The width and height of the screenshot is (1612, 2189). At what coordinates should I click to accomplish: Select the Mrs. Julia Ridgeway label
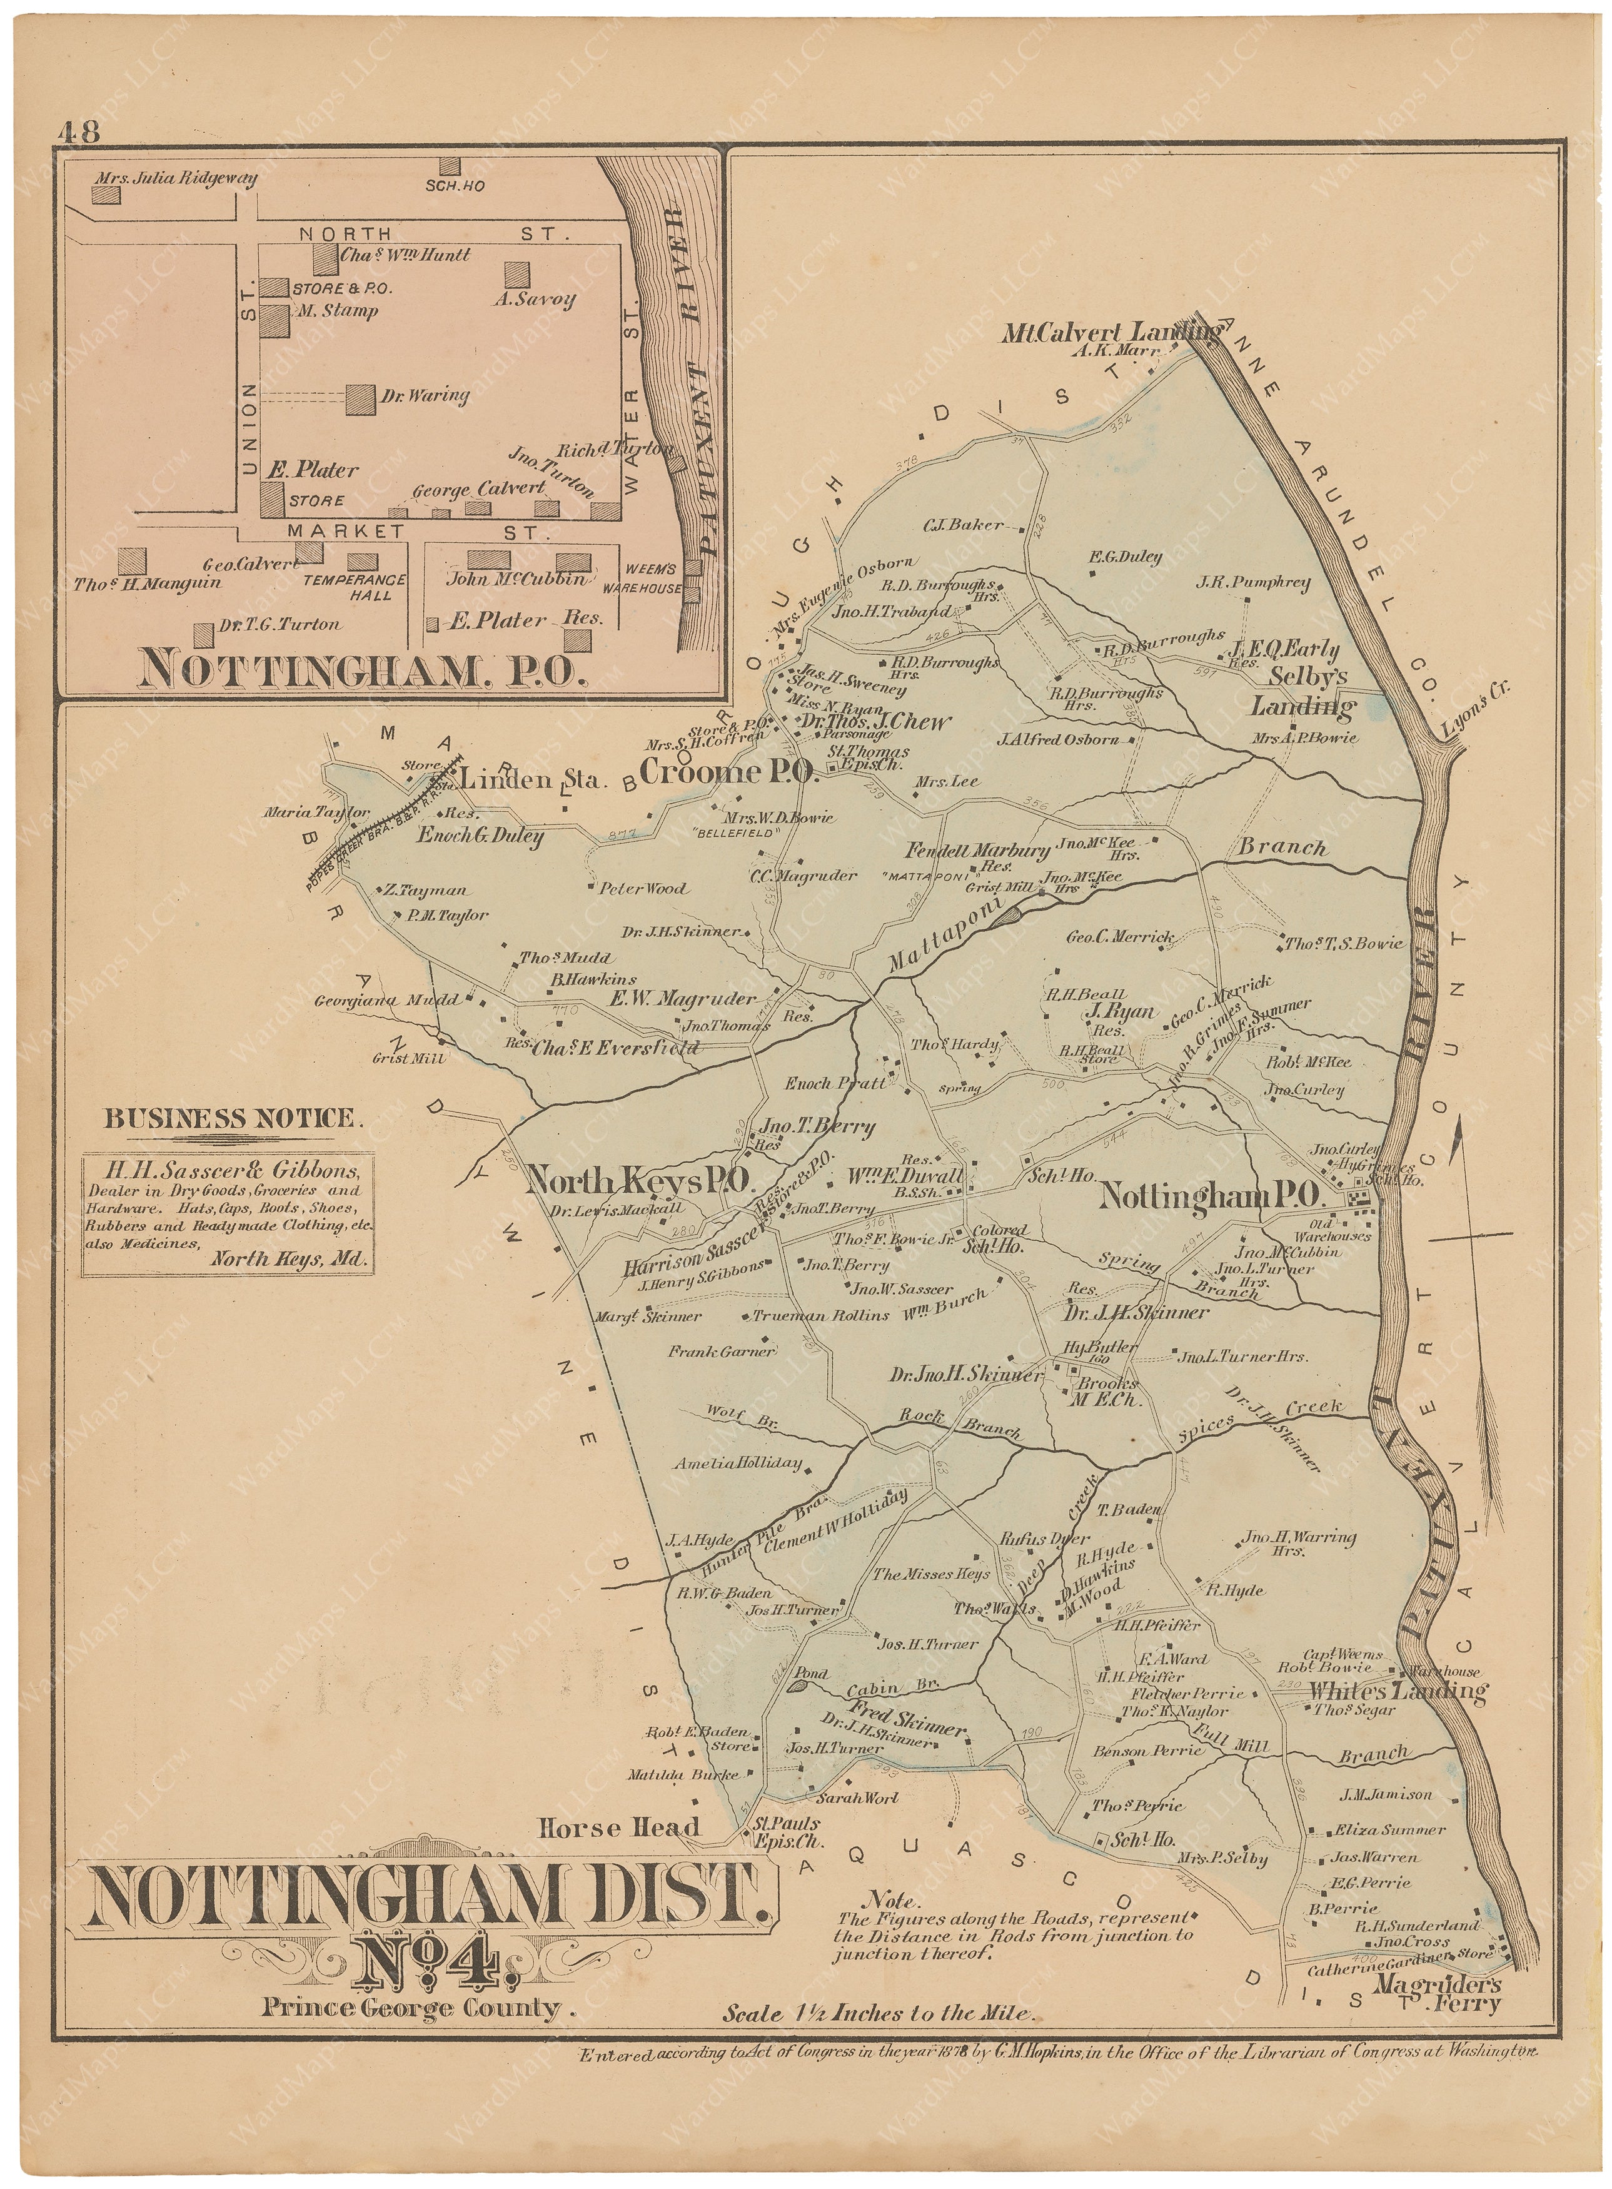tap(176, 179)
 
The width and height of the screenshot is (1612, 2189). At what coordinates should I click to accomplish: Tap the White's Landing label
tap(1398, 1691)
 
